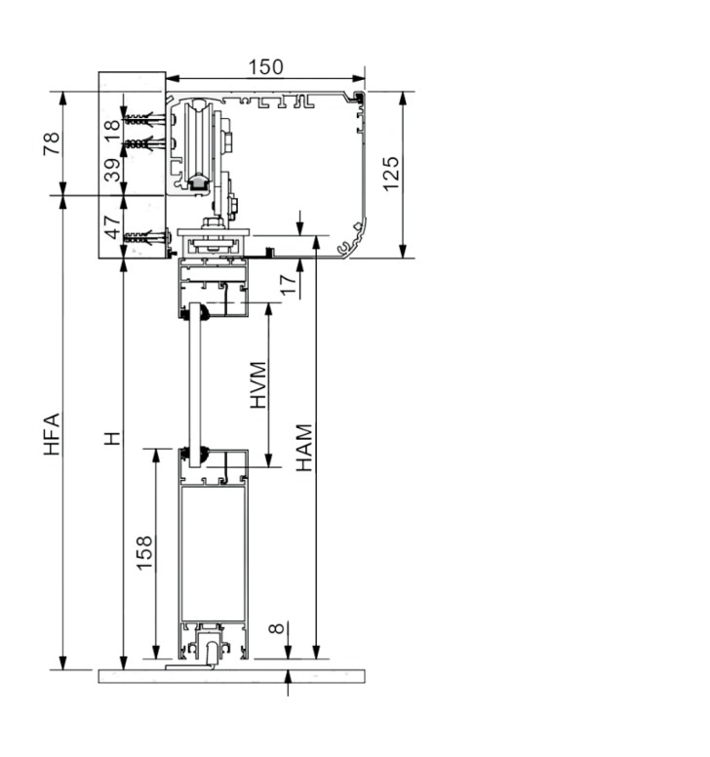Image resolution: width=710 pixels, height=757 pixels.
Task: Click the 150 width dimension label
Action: [x=265, y=67]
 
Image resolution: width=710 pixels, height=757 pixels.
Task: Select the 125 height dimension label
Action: [x=391, y=174]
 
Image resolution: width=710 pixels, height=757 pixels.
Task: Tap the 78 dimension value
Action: [x=52, y=143]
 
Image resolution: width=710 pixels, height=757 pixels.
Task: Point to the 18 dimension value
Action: [x=111, y=130]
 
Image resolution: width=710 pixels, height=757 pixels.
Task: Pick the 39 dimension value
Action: [x=112, y=170]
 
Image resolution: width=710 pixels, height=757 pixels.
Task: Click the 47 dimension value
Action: [x=112, y=227]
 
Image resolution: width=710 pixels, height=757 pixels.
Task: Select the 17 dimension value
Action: [x=288, y=285]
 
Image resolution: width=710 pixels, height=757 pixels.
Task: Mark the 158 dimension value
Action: [x=144, y=553]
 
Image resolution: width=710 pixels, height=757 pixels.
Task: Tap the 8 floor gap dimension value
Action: [x=276, y=628]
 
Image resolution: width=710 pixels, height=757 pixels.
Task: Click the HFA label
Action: [x=52, y=434]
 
